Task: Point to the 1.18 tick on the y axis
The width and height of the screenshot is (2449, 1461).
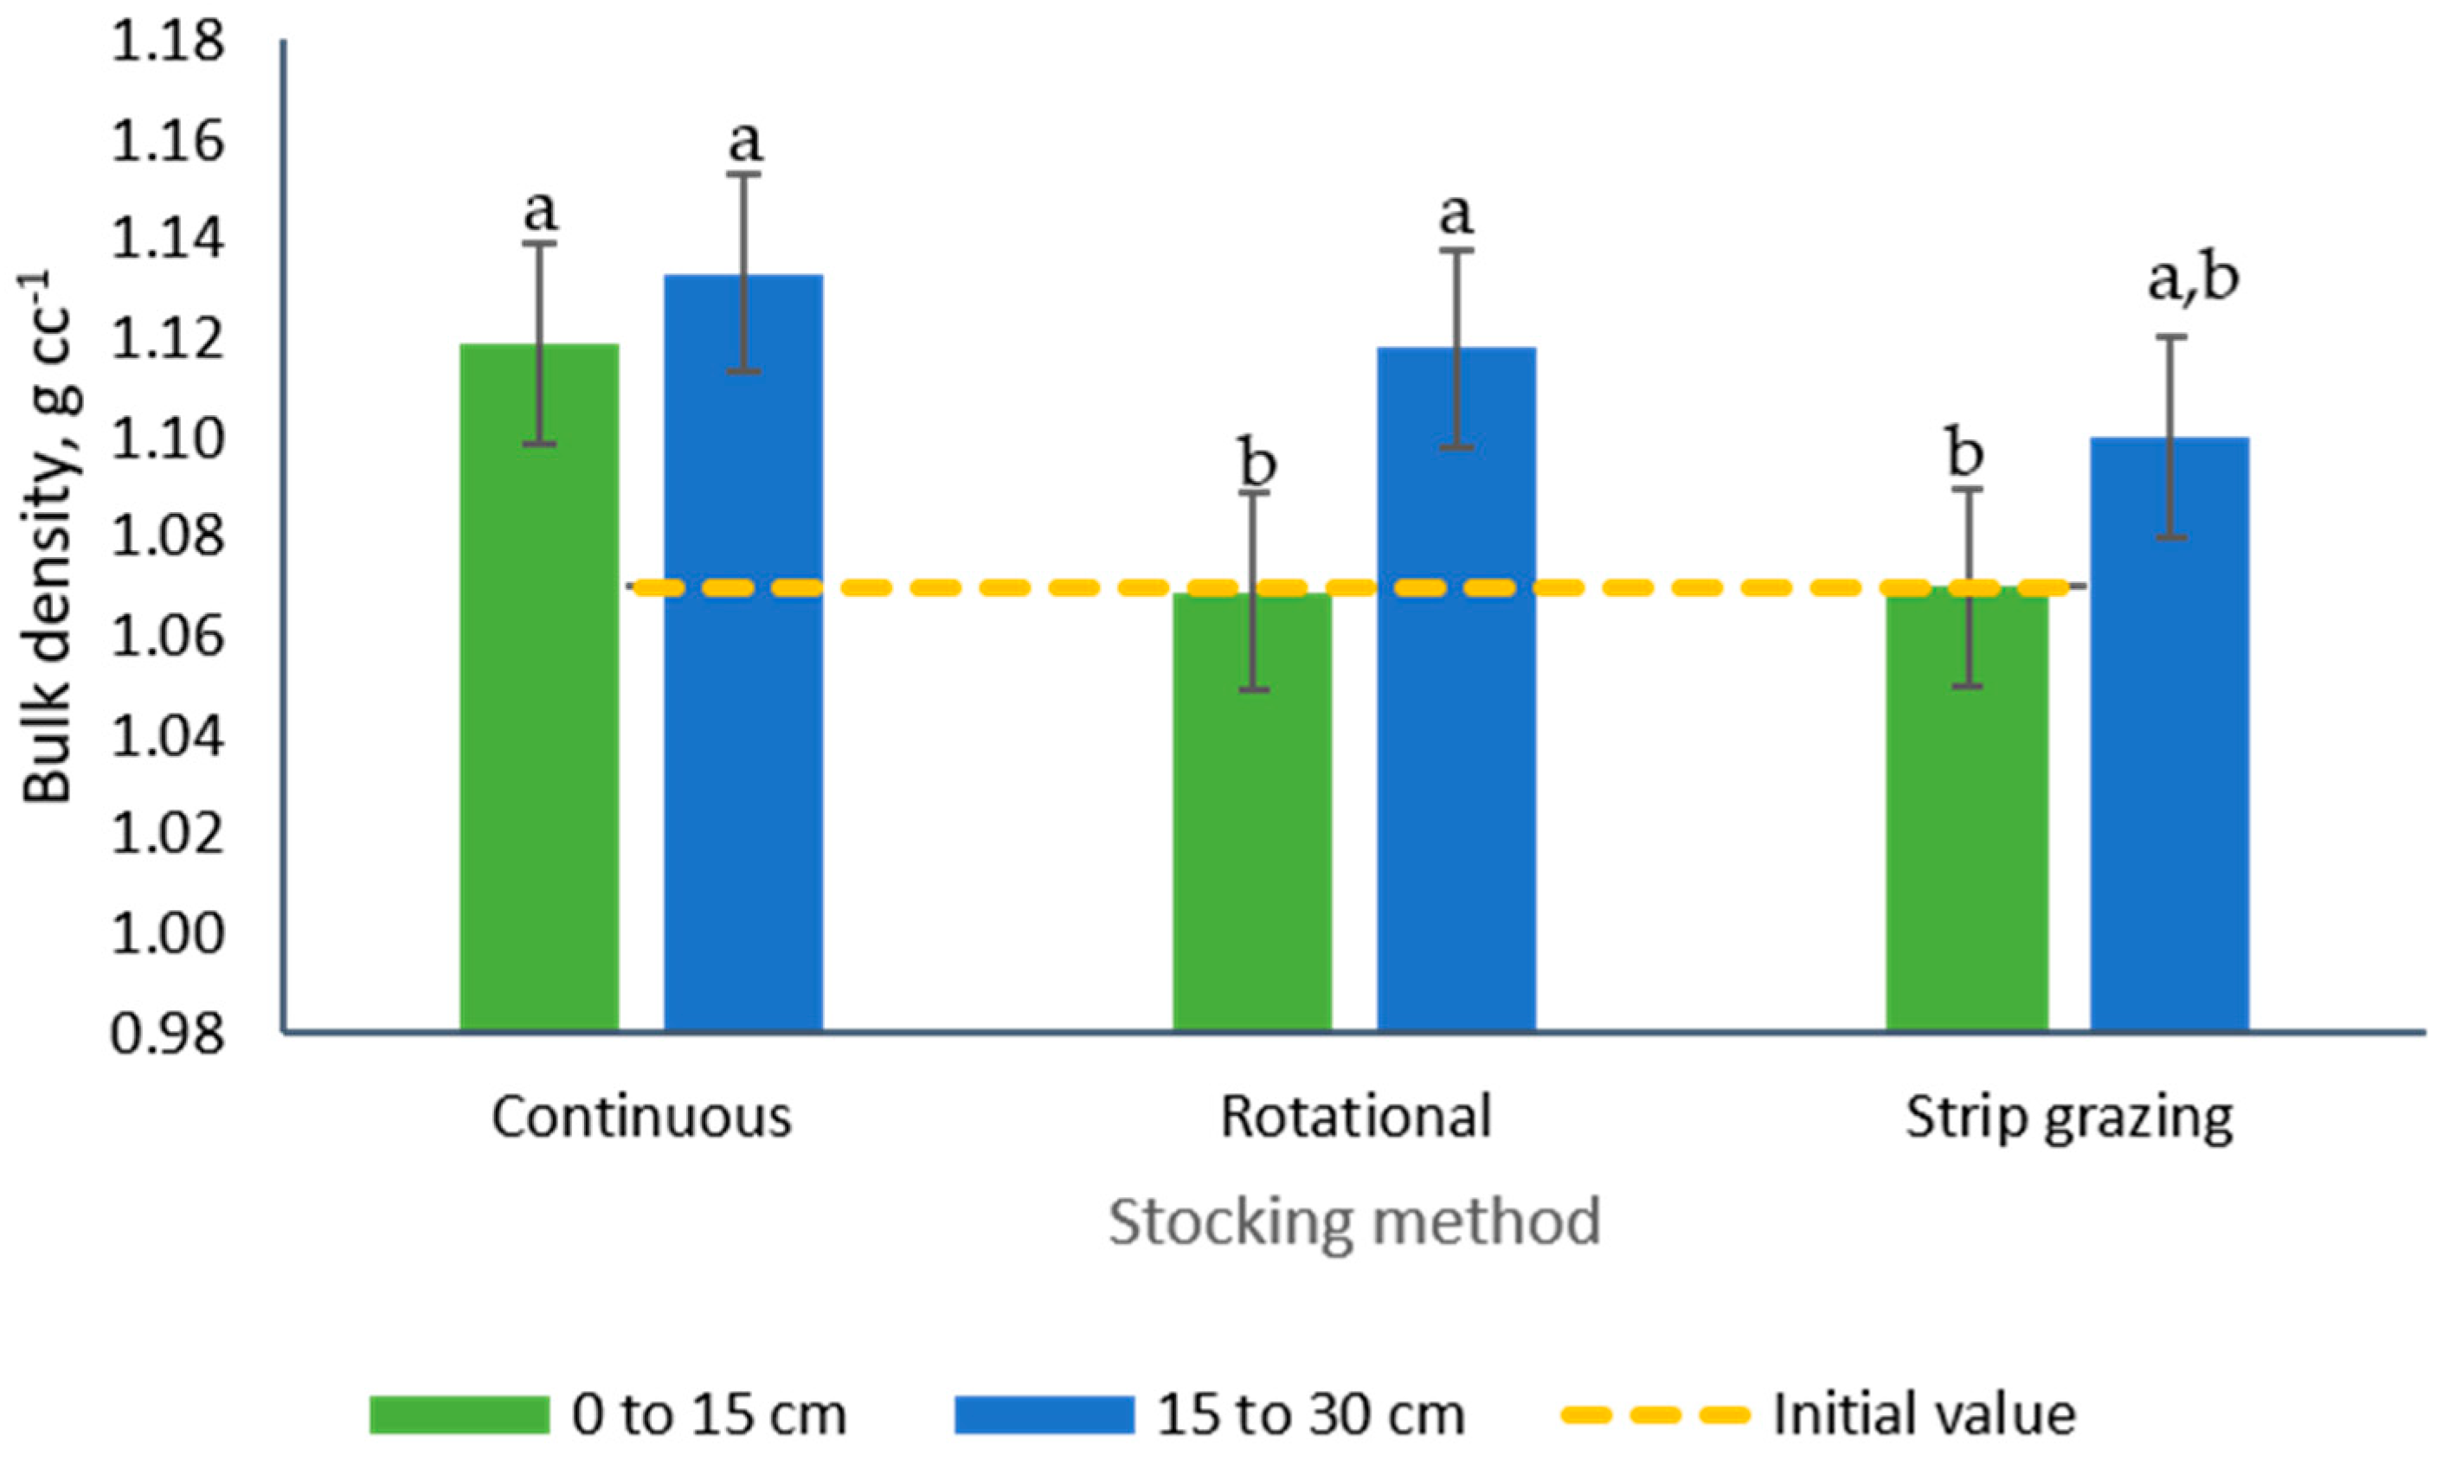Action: tap(166, 44)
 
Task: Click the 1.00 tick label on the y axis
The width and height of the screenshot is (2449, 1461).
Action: tap(166, 933)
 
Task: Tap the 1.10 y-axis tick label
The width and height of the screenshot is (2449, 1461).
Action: tap(166, 439)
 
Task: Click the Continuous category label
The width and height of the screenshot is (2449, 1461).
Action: tap(641, 1118)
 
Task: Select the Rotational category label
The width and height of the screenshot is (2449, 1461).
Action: tap(1356, 1118)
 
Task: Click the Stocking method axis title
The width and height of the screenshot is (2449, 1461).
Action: tap(1354, 1221)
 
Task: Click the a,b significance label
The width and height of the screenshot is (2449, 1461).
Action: tap(2193, 279)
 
